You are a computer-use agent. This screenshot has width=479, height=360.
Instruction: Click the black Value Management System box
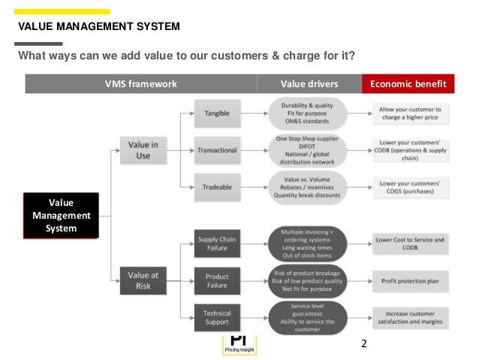click(61, 215)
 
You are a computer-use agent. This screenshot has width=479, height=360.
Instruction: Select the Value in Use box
click(143, 150)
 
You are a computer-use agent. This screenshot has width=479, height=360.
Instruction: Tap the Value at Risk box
click(143, 280)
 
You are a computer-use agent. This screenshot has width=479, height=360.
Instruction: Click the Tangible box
click(217, 113)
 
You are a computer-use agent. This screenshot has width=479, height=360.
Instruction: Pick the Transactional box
click(217, 150)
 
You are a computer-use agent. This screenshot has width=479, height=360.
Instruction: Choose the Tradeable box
click(217, 187)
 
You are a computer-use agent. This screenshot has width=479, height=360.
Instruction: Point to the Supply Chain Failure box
click(217, 244)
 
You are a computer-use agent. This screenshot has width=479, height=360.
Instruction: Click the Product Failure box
click(217, 281)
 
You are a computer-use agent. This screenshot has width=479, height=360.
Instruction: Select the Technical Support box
click(217, 317)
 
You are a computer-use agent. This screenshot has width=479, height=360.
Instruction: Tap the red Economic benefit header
click(408, 83)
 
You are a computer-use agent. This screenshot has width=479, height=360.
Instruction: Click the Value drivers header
click(309, 83)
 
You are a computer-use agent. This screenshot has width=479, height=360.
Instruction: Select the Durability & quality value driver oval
click(307, 113)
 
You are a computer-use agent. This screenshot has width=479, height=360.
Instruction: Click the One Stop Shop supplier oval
click(307, 150)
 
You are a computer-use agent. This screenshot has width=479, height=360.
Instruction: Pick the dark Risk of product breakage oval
click(307, 281)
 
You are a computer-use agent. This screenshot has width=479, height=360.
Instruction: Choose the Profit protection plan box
click(409, 281)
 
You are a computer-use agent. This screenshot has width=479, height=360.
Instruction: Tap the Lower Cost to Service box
click(409, 244)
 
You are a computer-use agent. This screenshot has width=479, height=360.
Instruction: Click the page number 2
click(364, 344)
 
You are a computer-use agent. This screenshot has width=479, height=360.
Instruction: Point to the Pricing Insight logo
click(239, 345)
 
